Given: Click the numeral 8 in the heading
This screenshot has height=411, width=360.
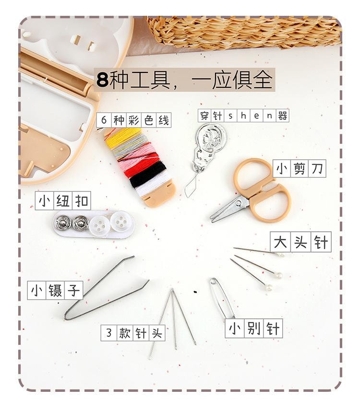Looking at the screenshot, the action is click(102, 80).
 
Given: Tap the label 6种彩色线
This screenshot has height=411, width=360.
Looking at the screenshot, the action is click(134, 120).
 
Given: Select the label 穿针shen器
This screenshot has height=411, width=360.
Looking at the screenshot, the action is click(243, 115).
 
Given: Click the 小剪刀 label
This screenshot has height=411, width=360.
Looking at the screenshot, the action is click(300, 168).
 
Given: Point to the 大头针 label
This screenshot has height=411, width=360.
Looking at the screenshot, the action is click(300, 242).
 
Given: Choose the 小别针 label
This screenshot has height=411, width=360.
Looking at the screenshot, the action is click(254, 328).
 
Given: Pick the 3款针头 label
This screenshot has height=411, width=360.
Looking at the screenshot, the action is click(133, 333).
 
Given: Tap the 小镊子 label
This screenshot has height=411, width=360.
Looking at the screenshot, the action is click(55, 291).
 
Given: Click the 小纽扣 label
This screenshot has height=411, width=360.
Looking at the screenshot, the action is click(63, 201).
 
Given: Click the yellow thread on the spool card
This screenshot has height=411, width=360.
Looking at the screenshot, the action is click(123, 137).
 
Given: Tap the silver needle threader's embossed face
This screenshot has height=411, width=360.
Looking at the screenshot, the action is click(210, 137).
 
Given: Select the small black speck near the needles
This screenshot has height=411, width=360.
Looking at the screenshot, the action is click(195, 292).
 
